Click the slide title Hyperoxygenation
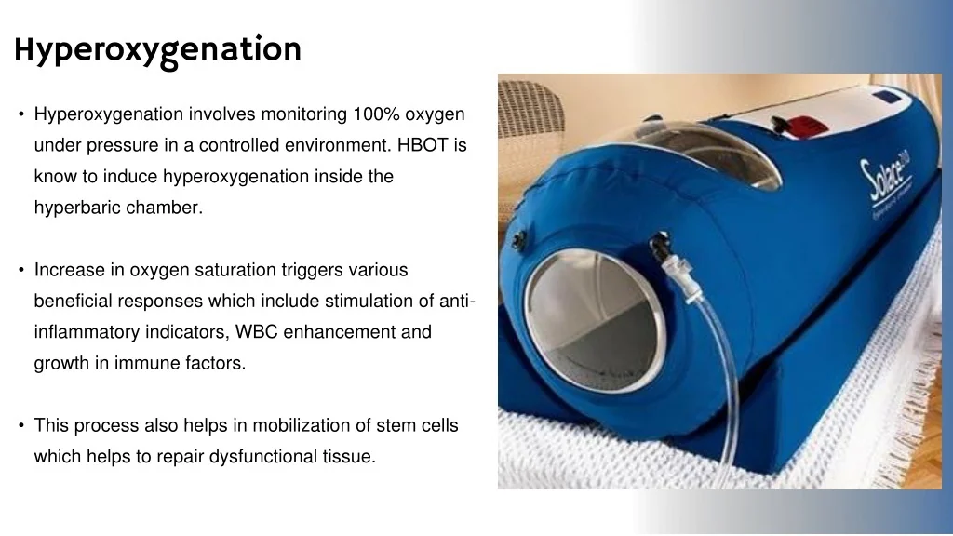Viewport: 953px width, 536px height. [157, 49]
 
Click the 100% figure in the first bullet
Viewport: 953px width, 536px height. [375, 114]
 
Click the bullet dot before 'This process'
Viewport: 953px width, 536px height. [20, 425]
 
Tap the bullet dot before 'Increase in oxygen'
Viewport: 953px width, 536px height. [20, 270]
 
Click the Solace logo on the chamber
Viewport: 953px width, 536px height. [889, 181]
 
